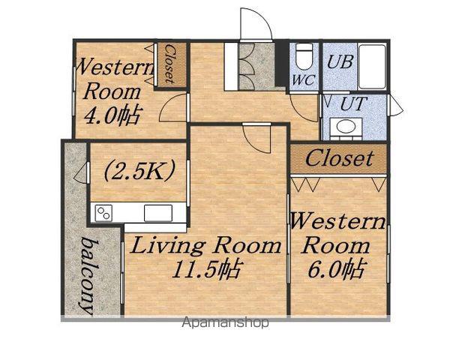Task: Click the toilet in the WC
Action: point(304,56)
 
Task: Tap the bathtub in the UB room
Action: point(372,66)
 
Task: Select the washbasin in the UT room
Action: point(346,127)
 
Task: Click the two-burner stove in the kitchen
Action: point(103,213)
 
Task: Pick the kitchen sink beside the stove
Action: point(158,213)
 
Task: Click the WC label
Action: point(304,80)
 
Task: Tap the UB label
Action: point(340,61)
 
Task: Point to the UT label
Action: point(353,103)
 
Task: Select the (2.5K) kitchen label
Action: point(139,171)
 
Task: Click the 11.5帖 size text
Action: point(205,269)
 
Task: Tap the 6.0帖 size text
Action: point(336,268)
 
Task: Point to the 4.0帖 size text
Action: point(112,115)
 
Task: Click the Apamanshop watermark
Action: point(225,322)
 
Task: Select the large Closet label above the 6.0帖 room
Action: point(339,158)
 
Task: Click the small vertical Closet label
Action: point(169,64)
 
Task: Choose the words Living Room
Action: point(205,246)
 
